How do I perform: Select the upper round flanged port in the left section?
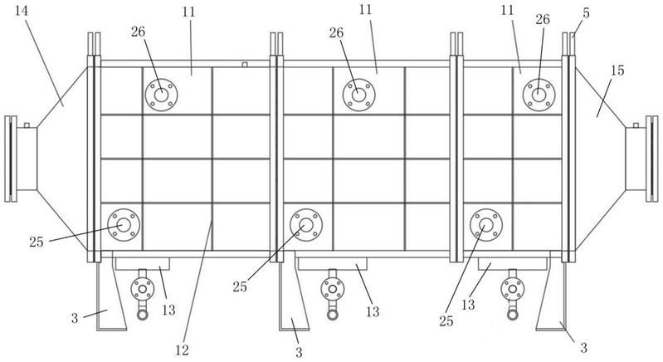pos(161,94)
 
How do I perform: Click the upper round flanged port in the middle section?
pos(358,94)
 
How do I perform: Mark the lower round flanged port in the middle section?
pos(305,224)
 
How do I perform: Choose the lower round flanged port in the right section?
pos(486,224)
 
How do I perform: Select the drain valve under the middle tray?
pos(334,292)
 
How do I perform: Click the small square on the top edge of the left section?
pos(244,63)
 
